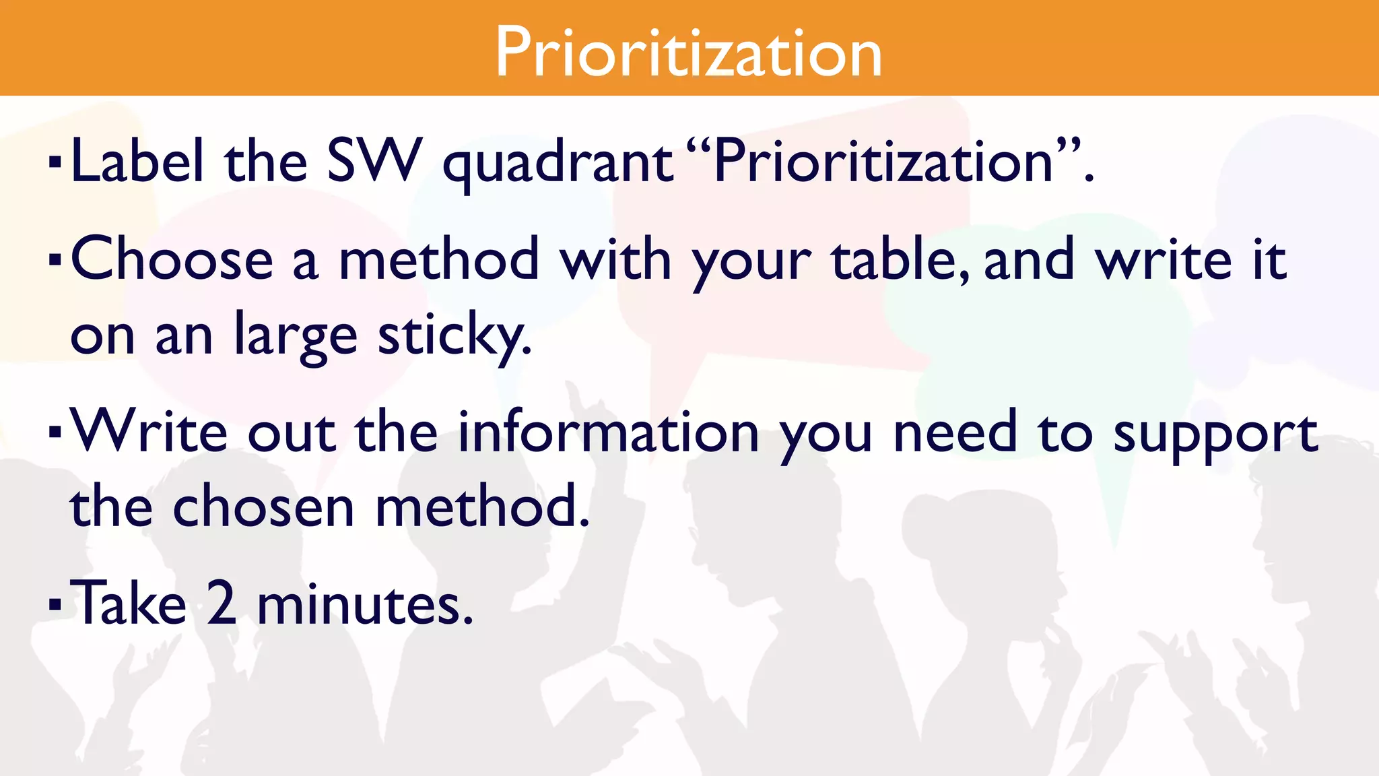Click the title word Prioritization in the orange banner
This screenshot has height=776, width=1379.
688,53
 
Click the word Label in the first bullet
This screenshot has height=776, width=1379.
137,162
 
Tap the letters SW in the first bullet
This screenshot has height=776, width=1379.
374,162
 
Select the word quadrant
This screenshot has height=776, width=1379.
558,164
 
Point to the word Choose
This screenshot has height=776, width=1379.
172,260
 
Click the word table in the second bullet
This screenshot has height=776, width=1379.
900,260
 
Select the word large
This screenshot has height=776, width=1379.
295,335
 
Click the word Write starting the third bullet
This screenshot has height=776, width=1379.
149,432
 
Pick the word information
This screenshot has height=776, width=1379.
609,432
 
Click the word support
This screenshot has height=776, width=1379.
1215,435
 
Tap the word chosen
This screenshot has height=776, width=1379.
263,507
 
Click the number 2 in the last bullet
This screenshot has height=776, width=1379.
222,604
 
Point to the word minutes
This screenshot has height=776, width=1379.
365,604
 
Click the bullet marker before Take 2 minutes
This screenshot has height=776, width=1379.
55,604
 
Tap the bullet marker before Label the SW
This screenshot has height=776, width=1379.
55,162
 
